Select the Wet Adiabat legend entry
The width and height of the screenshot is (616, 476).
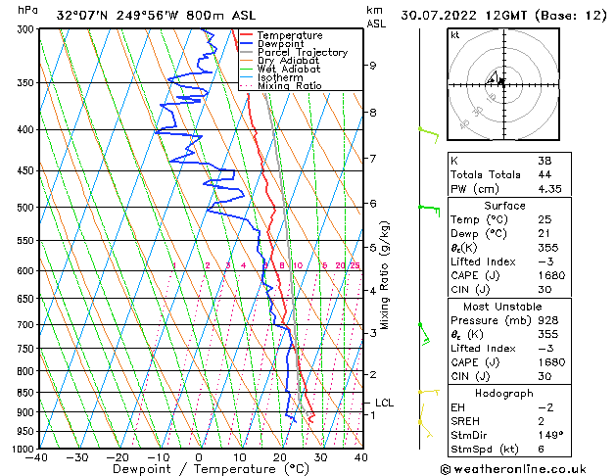coord(290,69)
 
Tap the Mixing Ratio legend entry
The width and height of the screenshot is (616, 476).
coord(289,85)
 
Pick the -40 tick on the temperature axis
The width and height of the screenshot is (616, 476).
coord(37,457)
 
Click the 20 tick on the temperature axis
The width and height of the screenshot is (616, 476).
coord(280,457)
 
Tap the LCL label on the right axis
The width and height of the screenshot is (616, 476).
coord(384,403)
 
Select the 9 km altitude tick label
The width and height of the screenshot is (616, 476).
coord(373,66)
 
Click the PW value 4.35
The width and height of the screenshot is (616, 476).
coord(552,189)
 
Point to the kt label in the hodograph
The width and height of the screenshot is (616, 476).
coord(455,35)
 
